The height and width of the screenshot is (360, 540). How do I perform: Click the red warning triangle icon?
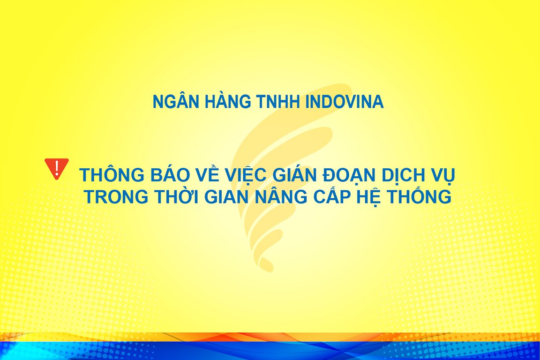pyautogui.click(x=56, y=168)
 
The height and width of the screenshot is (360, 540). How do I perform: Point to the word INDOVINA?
pyautogui.click(x=345, y=102)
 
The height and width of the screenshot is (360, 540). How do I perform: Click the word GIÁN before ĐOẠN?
pyautogui.click(x=295, y=174)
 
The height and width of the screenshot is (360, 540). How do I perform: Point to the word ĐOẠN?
pyautogui.click(x=349, y=175)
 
